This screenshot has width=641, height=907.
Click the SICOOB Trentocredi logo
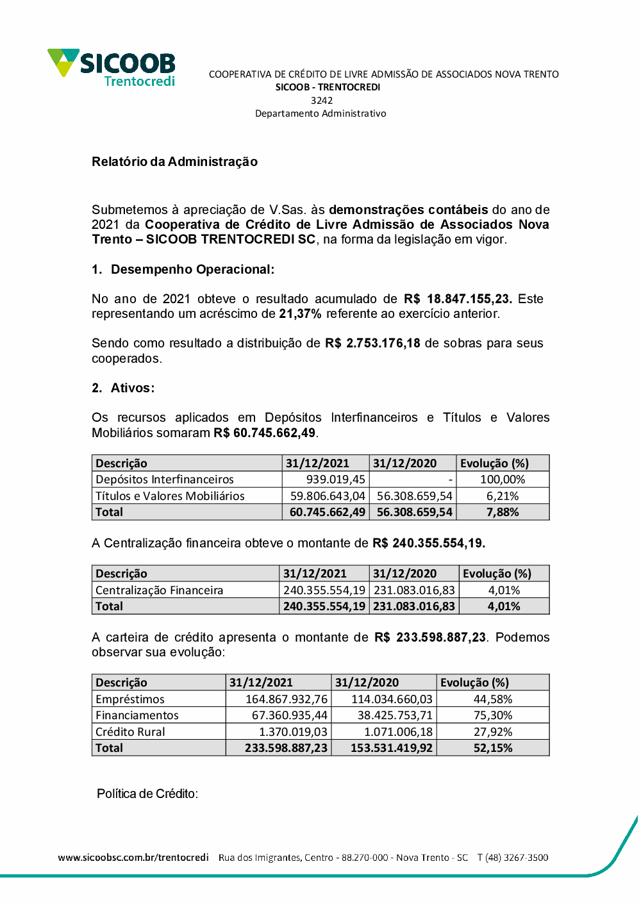(112, 67)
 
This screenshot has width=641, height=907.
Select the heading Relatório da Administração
(174, 162)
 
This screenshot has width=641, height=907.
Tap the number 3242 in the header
(321, 100)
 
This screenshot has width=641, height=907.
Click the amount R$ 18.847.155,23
(458, 299)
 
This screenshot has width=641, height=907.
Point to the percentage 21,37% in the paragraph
(300, 313)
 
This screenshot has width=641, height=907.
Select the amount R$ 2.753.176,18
(372, 343)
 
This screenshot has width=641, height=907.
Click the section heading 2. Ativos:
(123, 388)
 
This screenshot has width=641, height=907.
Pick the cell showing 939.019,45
(335, 479)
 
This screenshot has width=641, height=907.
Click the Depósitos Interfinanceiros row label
(165, 479)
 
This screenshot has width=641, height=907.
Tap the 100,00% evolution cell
(503, 479)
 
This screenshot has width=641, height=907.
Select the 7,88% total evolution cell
(503, 512)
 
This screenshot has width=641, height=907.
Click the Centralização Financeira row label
(160, 590)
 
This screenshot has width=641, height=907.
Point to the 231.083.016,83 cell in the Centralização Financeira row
(414, 590)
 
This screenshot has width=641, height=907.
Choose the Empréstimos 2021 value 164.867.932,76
(287, 699)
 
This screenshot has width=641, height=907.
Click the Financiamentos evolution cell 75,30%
(493, 715)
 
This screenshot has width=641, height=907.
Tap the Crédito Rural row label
(130, 732)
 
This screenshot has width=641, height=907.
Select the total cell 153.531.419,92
(391, 748)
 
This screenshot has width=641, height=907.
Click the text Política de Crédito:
(147, 794)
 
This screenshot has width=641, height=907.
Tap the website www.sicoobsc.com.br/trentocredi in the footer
(133, 858)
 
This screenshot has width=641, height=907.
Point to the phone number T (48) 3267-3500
(513, 858)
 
